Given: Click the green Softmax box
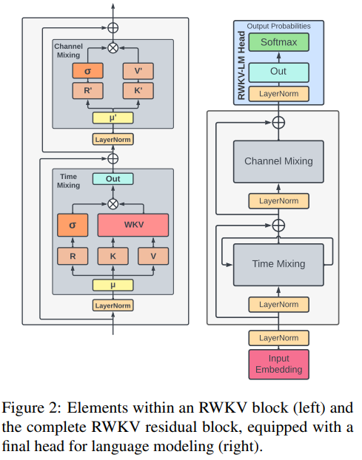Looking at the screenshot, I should (x=278, y=42).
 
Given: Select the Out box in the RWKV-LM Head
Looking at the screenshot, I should (x=278, y=71).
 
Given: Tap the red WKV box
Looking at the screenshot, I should (x=133, y=224).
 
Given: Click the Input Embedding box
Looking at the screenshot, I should (x=279, y=364).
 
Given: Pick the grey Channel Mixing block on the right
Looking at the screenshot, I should (x=278, y=161).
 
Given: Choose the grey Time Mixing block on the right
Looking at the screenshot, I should (x=278, y=264).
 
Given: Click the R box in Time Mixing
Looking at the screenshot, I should (x=73, y=256).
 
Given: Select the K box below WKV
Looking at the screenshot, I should (x=113, y=256).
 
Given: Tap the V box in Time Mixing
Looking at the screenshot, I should (x=153, y=256).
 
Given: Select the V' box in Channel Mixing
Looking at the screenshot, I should (x=138, y=71).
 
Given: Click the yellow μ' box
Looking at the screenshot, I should (x=113, y=118).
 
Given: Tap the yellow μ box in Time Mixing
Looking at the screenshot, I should (x=113, y=284).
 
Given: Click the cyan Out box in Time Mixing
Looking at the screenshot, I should (x=113, y=179).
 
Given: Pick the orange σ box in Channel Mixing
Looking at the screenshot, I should (x=87, y=71).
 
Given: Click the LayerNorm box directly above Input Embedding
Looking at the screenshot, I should (x=279, y=337).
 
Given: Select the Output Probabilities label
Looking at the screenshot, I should (x=278, y=26).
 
